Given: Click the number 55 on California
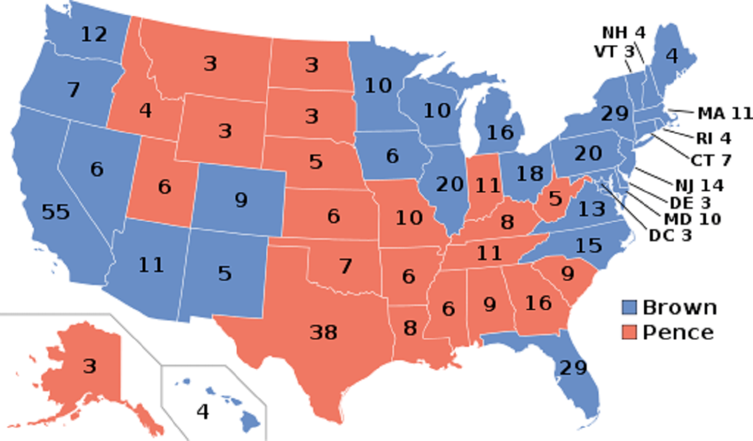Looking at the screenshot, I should tap(55, 212).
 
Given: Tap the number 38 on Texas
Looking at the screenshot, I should tap(324, 332).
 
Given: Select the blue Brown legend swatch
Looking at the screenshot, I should tap(629, 307).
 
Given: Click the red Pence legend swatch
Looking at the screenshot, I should tap(629, 332).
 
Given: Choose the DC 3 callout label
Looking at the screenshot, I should tap(670, 235).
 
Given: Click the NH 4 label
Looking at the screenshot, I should tap(624, 33).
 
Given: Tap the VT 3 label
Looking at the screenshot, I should tap(614, 51).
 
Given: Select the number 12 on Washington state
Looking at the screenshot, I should tap(94, 34).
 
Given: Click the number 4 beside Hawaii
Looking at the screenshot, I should tap(202, 412).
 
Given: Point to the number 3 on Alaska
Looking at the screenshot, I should tap(90, 366).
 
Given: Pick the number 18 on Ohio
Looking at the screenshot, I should tap(529, 174).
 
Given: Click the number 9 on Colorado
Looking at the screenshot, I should tap(241, 200).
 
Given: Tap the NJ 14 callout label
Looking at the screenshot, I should tap(699, 186).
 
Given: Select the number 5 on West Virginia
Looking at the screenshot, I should tap(555, 199).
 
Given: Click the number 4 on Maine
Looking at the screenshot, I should tap(672, 56).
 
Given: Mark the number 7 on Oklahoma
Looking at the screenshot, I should tap(346, 266).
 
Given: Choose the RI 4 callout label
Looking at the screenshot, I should tap(713, 138).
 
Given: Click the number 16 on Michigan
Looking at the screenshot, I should tap(500, 133).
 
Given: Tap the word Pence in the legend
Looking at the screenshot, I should tap(678, 332).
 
